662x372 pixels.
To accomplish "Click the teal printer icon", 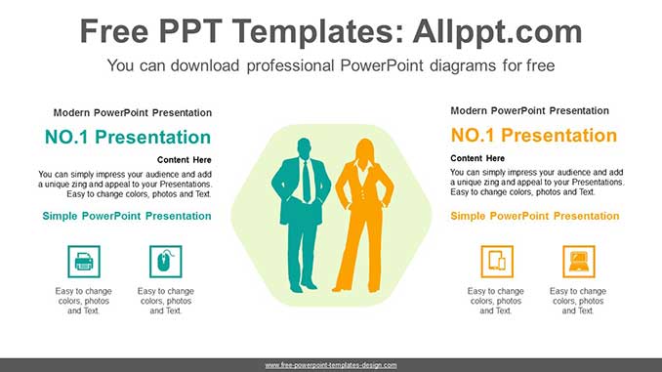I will [83, 261].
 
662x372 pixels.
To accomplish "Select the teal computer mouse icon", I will [165, 261].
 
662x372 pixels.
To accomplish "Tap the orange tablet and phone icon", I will [497, 261].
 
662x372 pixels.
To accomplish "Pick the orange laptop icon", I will [579, 261].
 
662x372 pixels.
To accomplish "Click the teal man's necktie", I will [308, 181].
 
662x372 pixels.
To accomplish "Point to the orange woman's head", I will [365, 150].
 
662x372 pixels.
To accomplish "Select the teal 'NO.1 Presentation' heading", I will [127, 138].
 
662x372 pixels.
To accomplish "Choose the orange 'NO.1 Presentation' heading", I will [533, 136].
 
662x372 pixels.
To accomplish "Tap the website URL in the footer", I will [331, 365].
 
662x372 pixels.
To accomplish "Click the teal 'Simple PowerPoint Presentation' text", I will [127, 216].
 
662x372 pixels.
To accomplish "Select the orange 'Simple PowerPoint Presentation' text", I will [535, 216].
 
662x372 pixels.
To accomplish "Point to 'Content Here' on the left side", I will [184, 160].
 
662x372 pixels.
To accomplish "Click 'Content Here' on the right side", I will [477, 158].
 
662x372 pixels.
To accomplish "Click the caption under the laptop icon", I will [578, 301].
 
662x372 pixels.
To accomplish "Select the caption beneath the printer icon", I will [84, 301].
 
